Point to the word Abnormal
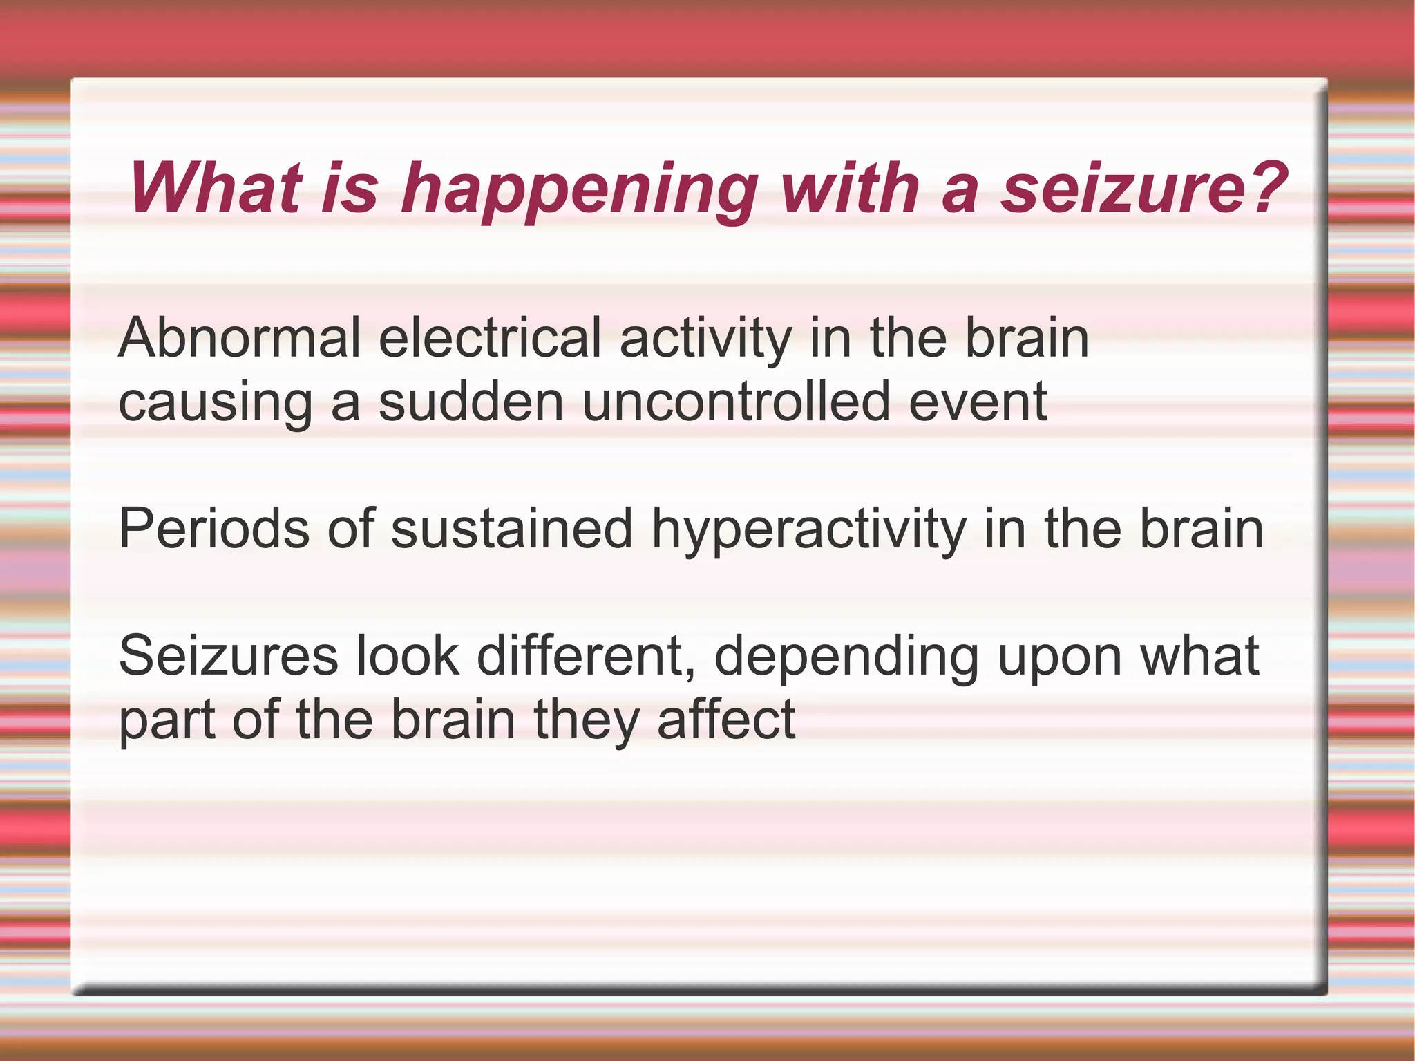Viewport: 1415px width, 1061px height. tap(239, 338)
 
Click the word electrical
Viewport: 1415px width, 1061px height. tap(490, 338)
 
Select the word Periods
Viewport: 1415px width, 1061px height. tap(213, 529)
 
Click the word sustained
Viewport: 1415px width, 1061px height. tap(511, 529)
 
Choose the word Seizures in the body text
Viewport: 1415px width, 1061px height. tap(228, 656)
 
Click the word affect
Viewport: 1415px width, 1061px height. tap(726, 720)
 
